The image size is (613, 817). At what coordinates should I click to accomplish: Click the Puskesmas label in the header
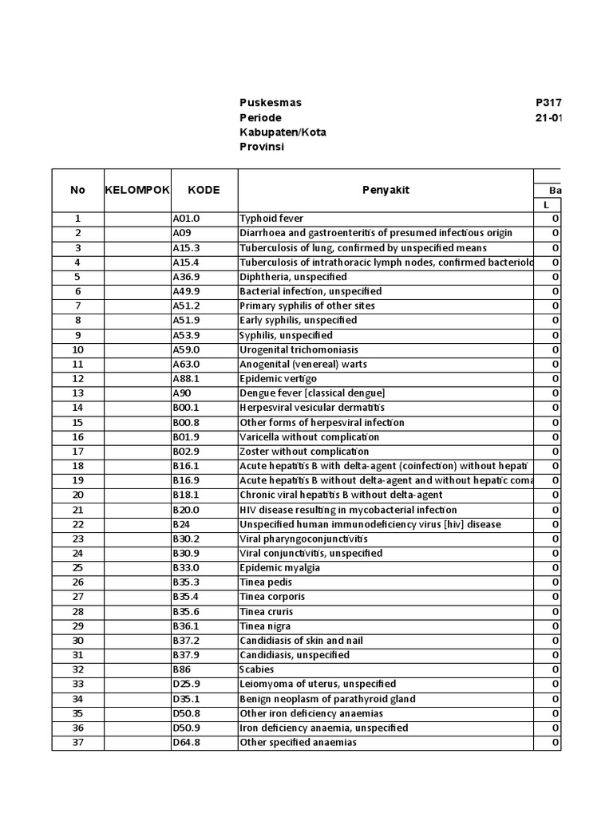pos(271,103)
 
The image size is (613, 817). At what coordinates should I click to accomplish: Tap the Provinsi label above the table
pos(262,147)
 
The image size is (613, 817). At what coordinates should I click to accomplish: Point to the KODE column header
pos(204,190)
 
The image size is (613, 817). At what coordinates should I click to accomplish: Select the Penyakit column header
pos(386,190)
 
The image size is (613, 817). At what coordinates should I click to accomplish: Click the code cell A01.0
pos(187,219)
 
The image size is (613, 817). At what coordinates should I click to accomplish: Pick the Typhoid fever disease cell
pos(271,219)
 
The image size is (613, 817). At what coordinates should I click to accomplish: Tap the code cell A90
pos(182,393)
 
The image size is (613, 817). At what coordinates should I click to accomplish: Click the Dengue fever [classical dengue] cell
pos(312,393)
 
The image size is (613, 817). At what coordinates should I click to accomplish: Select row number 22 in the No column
pos(77,524)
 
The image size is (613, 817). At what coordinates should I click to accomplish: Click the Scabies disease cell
pos(257,669)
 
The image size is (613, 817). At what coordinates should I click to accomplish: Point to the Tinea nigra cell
pos(265,626)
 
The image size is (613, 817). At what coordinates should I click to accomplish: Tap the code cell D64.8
pos(187,743)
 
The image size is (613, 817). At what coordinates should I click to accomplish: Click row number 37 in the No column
pos(77,743)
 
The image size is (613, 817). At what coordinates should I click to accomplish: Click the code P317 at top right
pos(548,103)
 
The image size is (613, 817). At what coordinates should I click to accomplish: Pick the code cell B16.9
pos(187,480)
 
